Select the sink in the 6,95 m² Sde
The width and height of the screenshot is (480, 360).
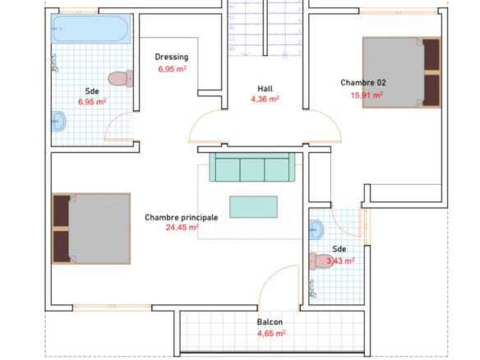(x=59, y=122)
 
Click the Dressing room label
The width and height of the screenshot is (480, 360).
(x=172, y=57)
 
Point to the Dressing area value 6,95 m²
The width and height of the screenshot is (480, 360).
(x=172, y=69)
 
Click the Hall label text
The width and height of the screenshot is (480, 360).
(x=264, y=88)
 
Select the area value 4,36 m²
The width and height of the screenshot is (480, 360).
(x=264, y=99)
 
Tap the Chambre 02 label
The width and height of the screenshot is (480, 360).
(x=363, y=82)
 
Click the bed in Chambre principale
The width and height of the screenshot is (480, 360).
(x=91, y=228)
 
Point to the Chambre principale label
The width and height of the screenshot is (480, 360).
(x=181, y=217)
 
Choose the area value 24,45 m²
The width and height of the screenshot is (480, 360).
(x=182, y=228)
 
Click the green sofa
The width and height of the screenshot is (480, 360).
(x=252, y=168)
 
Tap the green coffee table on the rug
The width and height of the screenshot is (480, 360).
(x=253, y=206)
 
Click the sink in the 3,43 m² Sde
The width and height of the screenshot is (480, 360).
(x=317, y=228)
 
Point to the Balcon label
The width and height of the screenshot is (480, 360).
(x=270, y=321)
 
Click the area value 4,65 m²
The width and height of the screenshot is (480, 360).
(x=270, y=333)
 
